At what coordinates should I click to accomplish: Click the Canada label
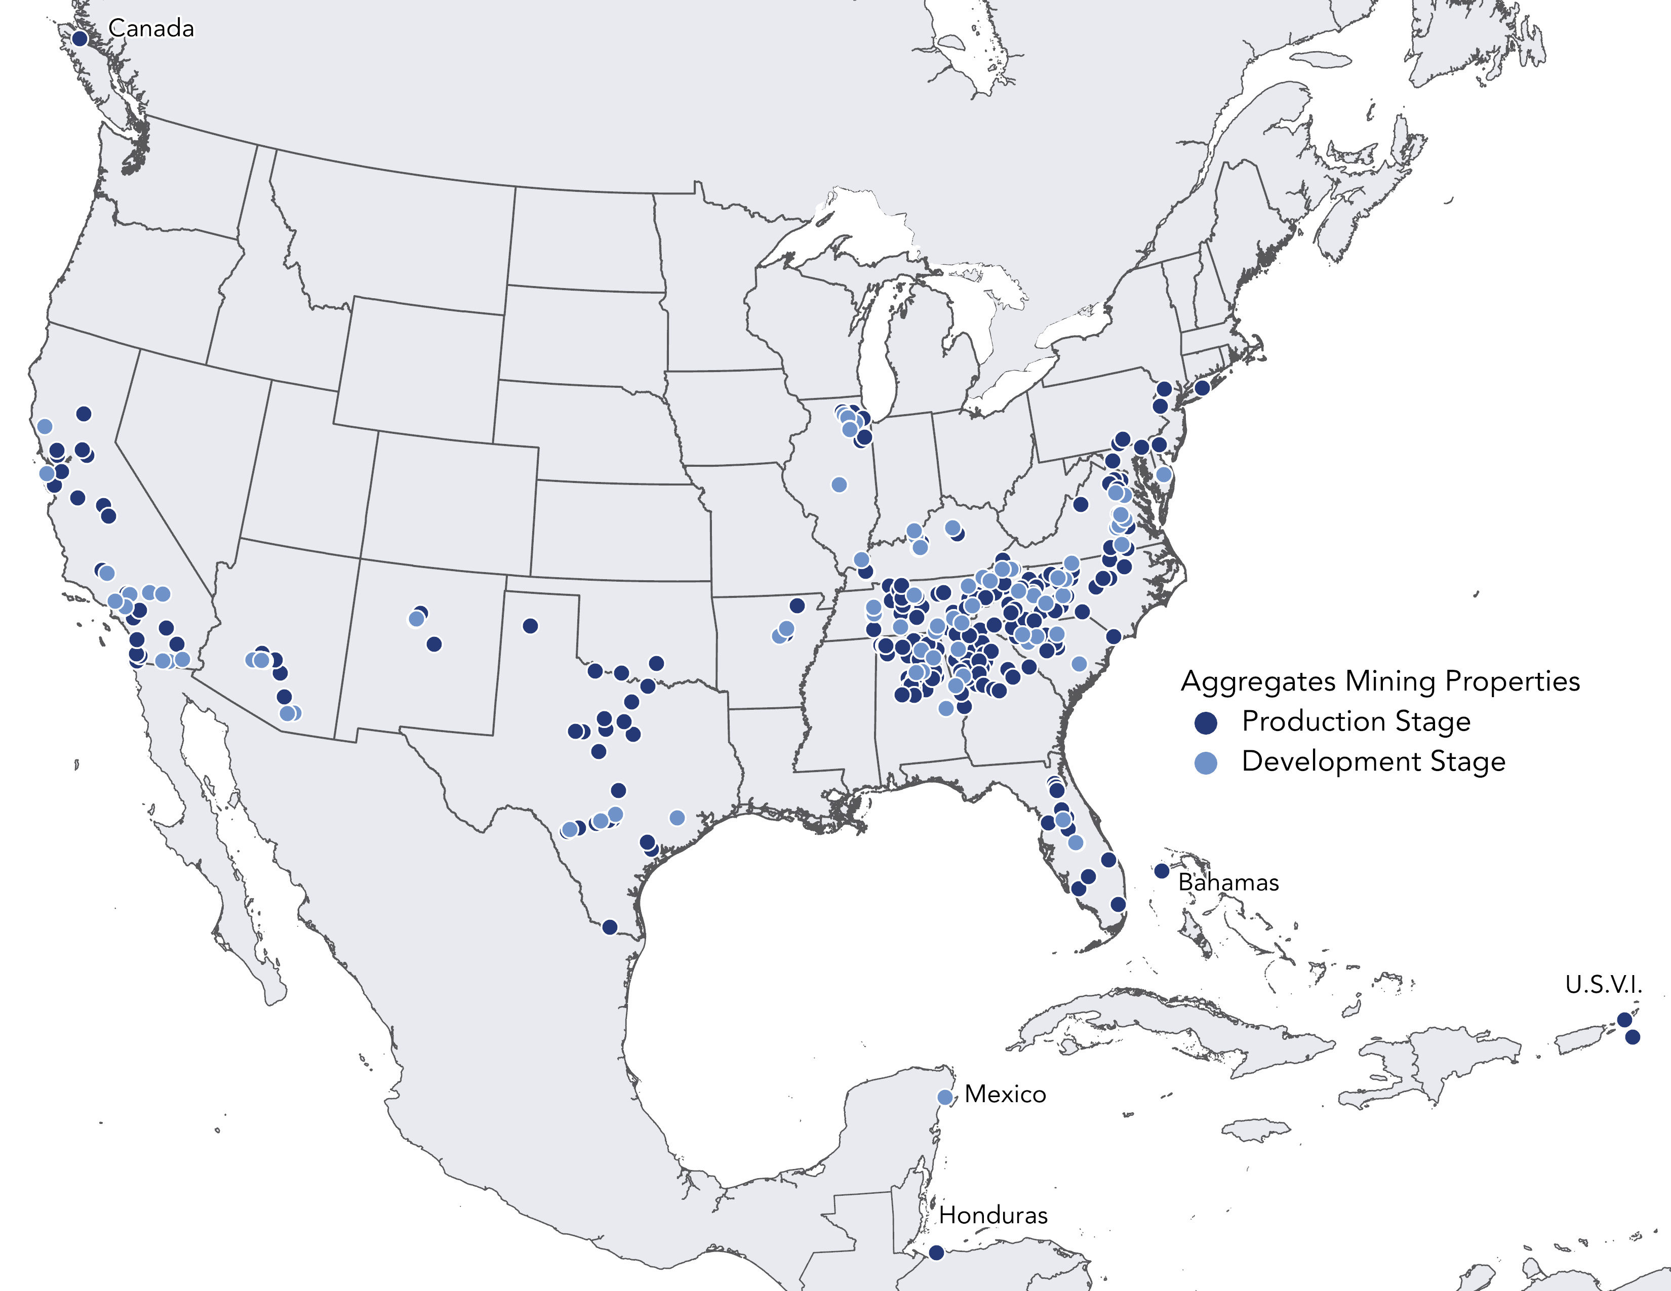tap(151, 28)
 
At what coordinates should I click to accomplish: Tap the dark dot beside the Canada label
tap(79, 38)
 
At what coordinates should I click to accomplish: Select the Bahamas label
tap(1228, 882)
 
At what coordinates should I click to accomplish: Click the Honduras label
tap(992, 1215)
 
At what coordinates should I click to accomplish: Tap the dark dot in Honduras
tap(936, 1253)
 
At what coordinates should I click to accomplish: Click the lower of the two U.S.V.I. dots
tap(1632, 1037)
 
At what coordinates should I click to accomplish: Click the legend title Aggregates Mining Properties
tap(1380, 680)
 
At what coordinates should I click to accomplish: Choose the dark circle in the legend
tap(1206, 722)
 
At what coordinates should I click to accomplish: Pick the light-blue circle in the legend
tap(1206, 762)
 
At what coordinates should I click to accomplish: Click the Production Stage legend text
tap(1356, 721)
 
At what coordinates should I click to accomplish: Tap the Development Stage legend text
tap(1373, 762)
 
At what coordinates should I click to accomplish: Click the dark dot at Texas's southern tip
tap(609, 927)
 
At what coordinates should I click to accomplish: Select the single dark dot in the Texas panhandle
tap(530, 626)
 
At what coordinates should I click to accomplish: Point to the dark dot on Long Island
tap(1202, 388)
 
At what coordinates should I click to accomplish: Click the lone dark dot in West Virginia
tap(1081, 504)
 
